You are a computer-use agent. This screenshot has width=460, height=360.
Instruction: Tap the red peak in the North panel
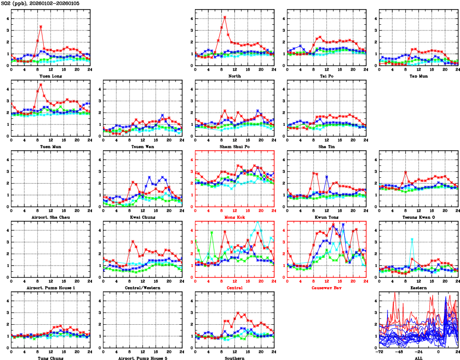(225, 17)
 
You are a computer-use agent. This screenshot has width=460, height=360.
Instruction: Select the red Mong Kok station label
(234, 217)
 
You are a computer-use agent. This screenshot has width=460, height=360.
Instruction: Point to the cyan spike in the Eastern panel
(412, 239)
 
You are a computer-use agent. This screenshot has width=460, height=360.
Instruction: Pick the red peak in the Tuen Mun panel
(41, 85)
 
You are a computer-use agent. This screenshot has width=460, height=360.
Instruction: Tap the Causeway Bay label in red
(326, 288)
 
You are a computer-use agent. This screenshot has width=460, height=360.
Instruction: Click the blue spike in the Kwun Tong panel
(327, 176)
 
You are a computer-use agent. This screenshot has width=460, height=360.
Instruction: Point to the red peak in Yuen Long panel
(41, 27)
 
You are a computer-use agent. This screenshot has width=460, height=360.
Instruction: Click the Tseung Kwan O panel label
(418, 217)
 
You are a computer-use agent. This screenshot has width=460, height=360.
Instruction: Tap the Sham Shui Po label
(234, 147)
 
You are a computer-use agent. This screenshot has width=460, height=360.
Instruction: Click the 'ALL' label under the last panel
(418, 358)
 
